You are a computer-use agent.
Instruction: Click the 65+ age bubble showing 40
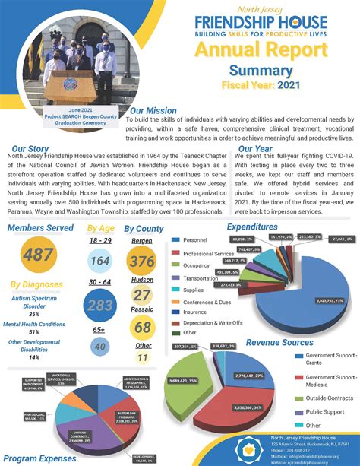[99, 347]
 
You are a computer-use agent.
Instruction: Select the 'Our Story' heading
[31, 149]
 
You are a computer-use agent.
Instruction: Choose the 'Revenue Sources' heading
[280, 343]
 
